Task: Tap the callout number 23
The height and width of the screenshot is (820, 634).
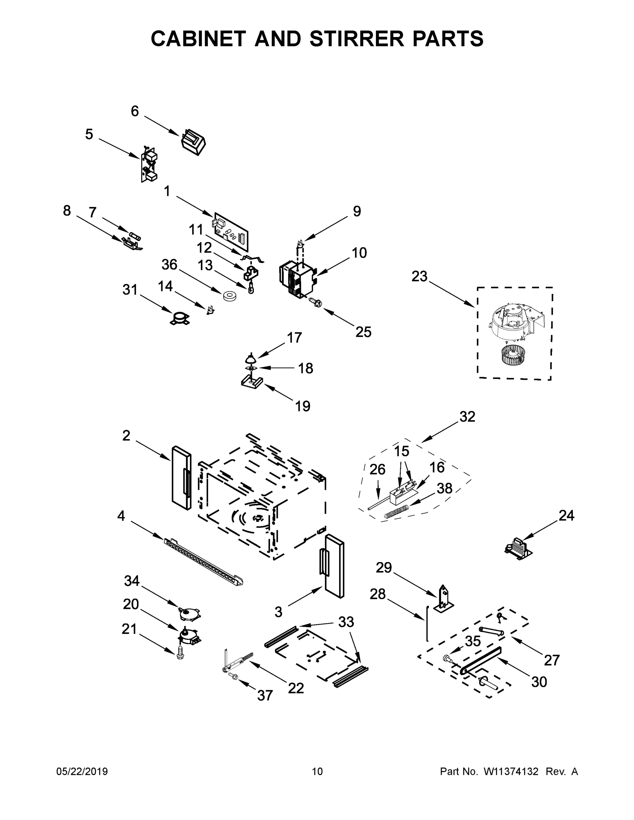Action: pos(419,277)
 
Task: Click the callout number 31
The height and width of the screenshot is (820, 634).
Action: pos(130,290)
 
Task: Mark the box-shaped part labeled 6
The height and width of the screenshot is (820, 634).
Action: pos(193,142)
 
